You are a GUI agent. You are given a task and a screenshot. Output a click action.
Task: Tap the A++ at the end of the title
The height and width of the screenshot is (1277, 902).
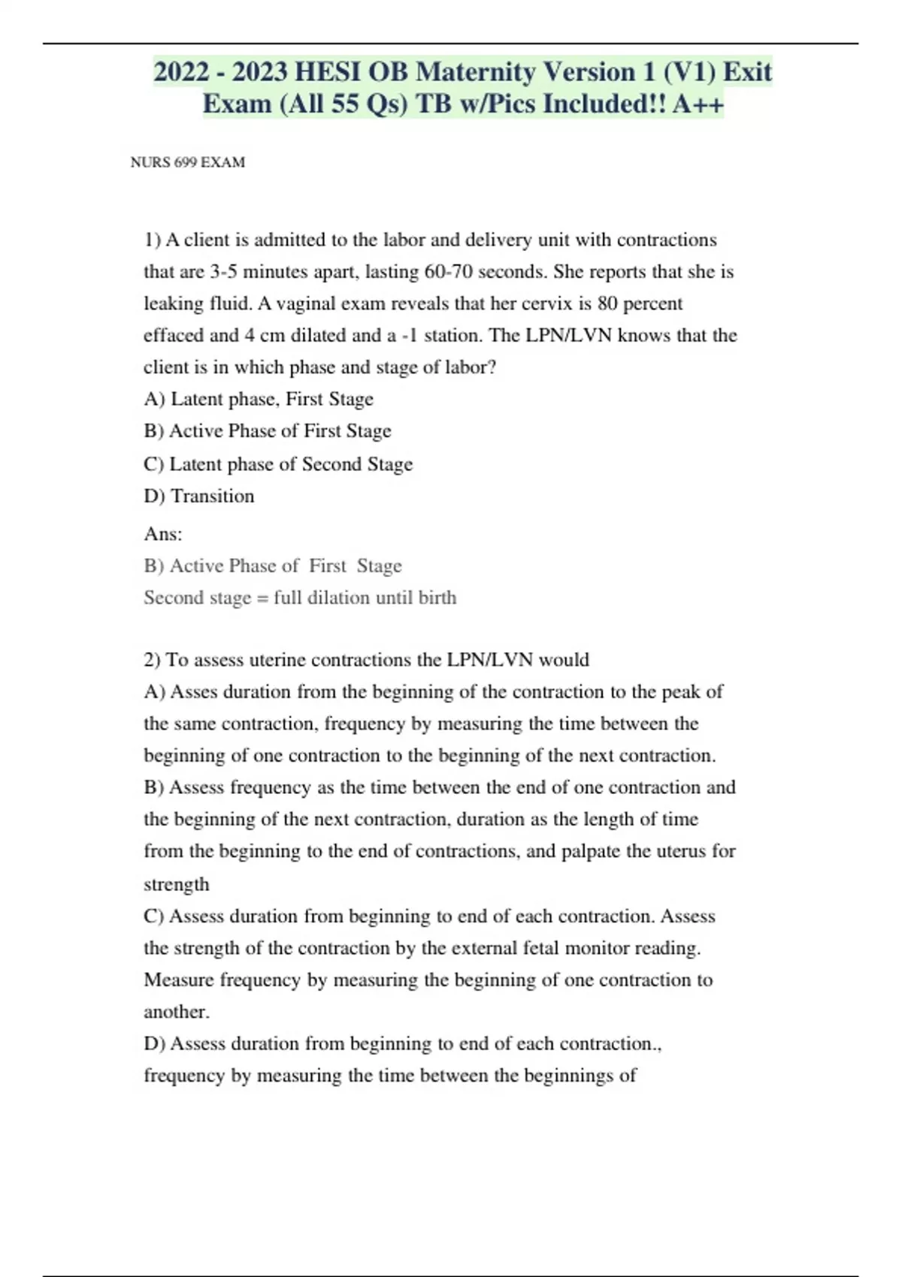point(698,104)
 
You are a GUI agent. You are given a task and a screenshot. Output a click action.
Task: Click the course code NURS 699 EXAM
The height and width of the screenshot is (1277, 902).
point(188,162)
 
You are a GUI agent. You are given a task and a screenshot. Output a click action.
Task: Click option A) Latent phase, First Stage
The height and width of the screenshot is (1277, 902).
point(258,399)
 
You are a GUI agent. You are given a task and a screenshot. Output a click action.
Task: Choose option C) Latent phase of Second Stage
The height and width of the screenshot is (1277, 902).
point(278,464)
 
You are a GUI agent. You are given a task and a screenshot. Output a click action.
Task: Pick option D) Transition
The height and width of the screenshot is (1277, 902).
point(199,496)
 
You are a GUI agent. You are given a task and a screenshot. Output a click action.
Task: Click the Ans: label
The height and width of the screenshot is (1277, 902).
point(163,534)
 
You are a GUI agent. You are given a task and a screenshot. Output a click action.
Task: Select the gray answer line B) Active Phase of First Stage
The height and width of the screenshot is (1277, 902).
point(273,566)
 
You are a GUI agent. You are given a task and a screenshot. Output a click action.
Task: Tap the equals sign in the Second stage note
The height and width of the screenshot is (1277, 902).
point(262,598)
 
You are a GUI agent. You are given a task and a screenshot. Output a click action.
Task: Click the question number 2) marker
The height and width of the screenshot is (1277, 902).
point(152,660)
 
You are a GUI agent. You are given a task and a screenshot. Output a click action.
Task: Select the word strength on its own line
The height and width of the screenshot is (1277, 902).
point(177,884)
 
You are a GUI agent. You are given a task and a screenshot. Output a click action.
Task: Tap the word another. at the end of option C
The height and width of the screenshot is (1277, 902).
point(177,1012)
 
